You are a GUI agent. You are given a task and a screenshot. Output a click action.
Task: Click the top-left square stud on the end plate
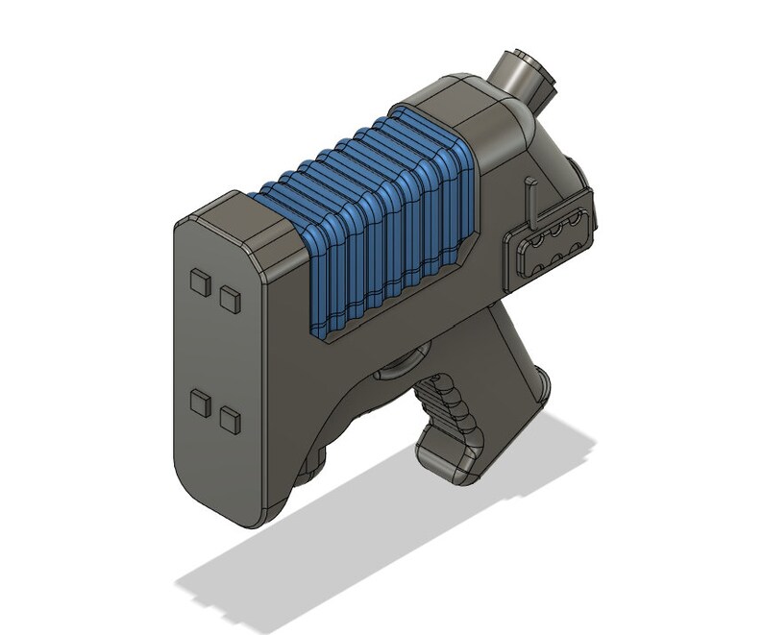(x=201, y=281)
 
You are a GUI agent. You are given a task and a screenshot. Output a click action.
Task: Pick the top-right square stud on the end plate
(x=230, y=298)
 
